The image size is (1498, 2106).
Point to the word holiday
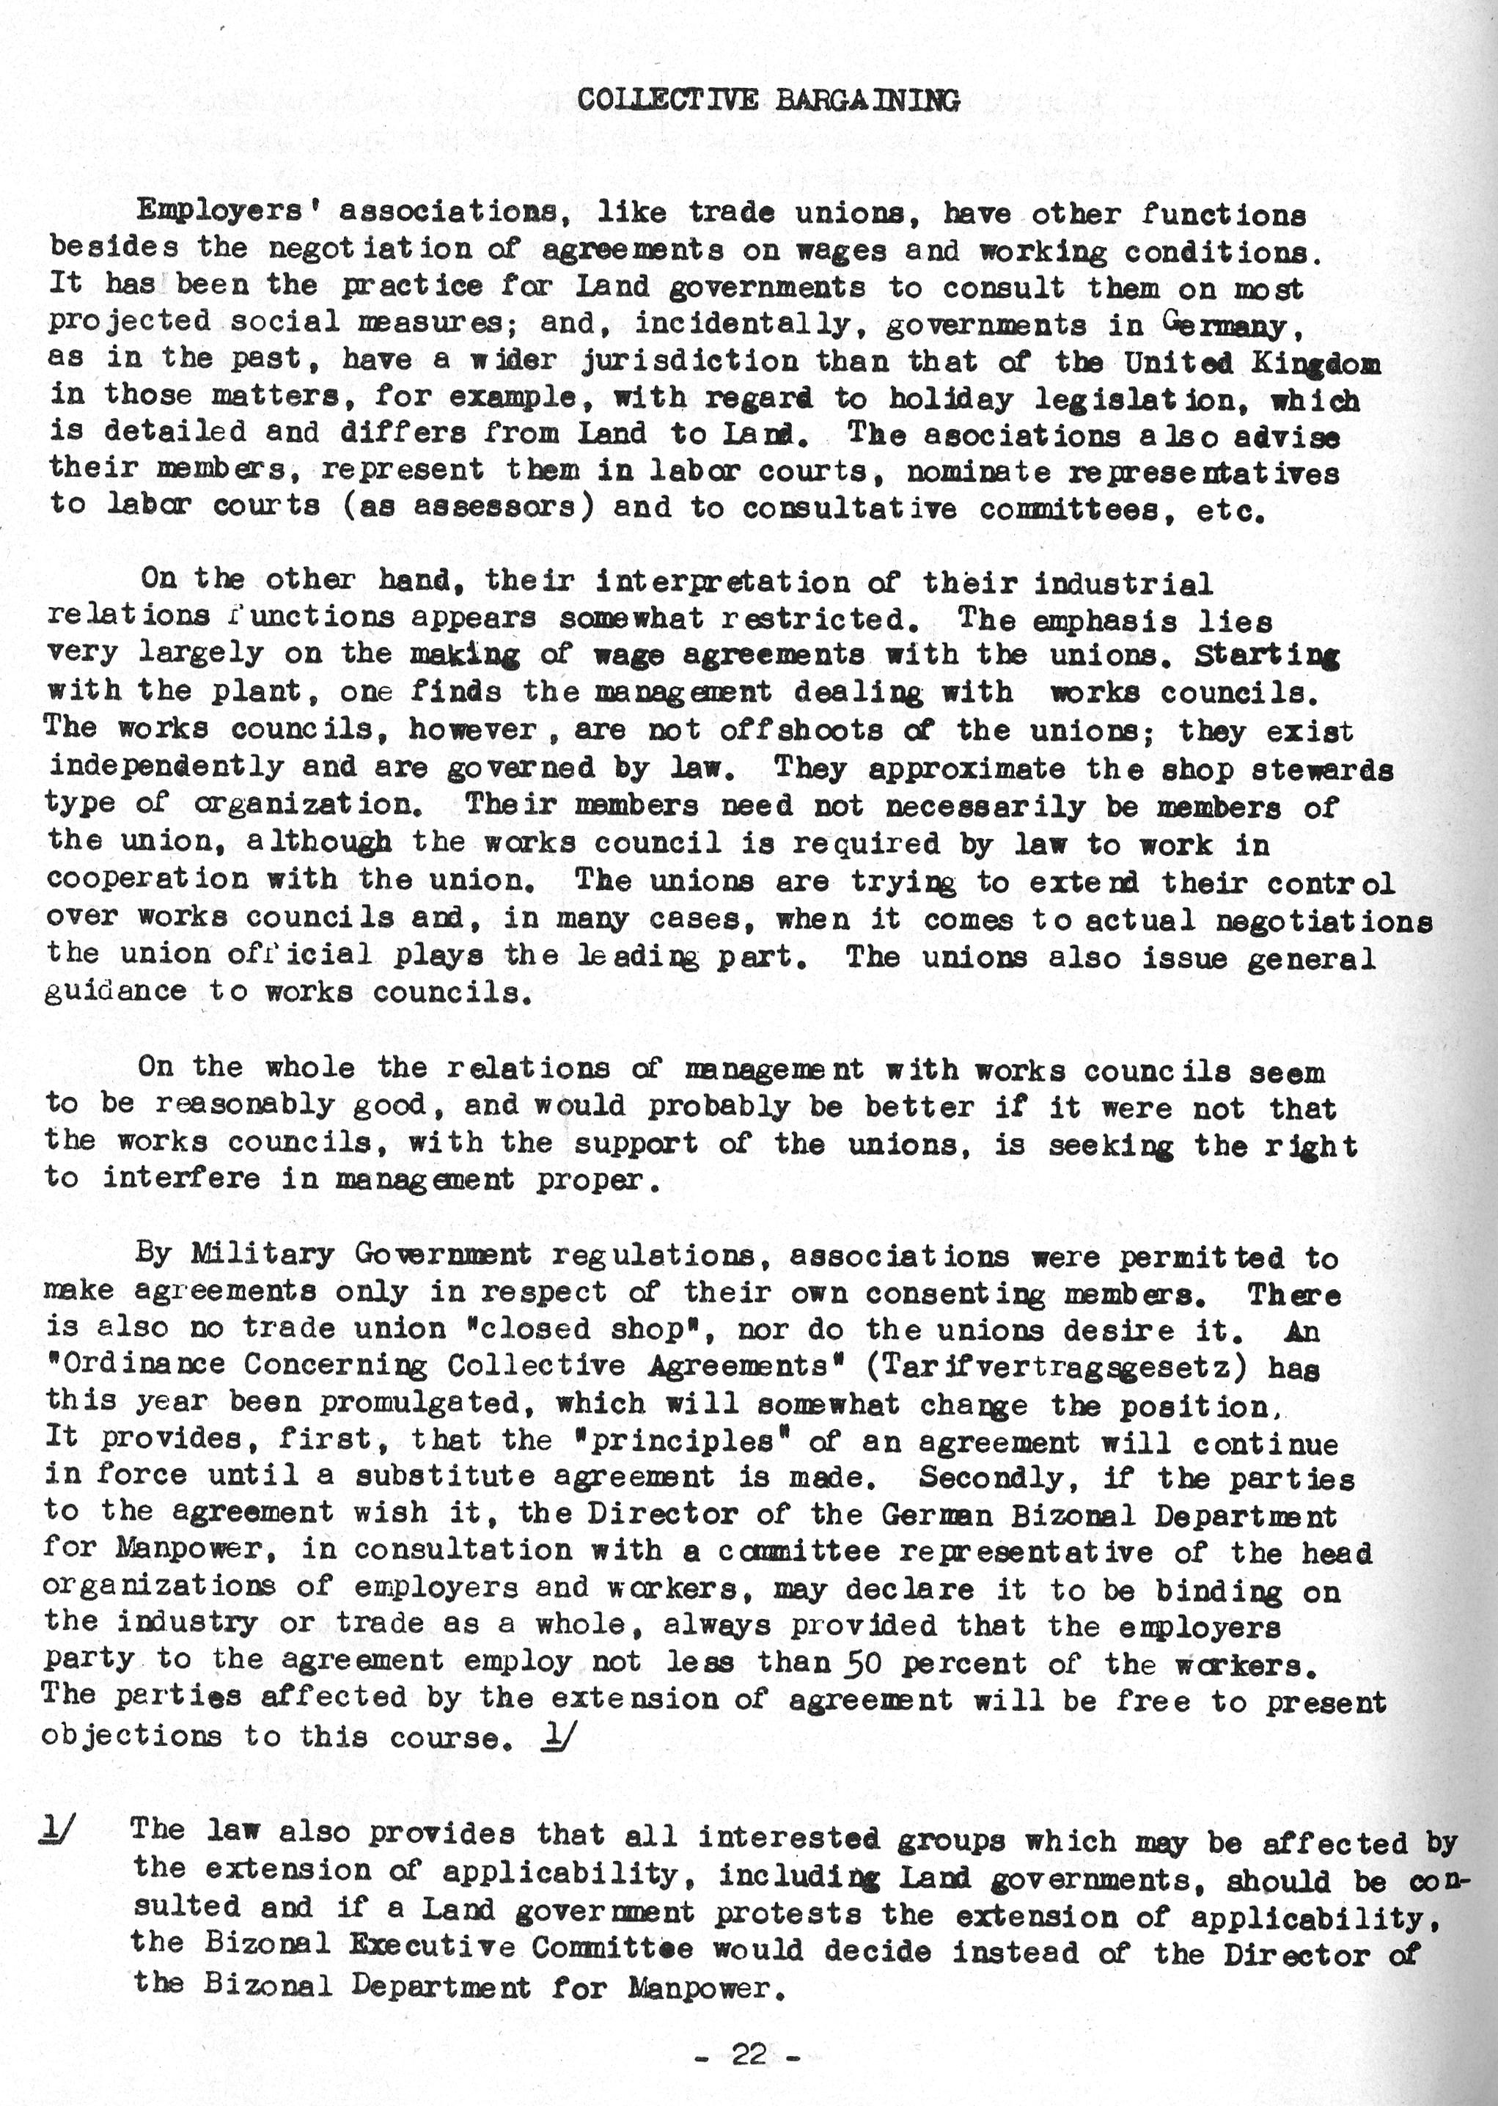pos(950,400)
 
